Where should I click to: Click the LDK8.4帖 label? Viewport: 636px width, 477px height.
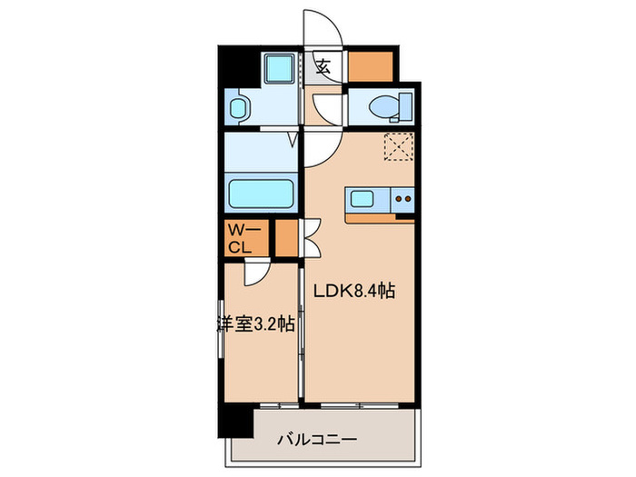(x=353, y=293)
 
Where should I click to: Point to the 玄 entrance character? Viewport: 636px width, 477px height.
(x=323, y=65)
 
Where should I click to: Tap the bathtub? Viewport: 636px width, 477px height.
(x=259, y=194)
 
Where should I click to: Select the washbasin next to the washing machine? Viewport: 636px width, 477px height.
(x=238, y=110)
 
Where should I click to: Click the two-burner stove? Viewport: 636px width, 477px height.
(x=402, y=199)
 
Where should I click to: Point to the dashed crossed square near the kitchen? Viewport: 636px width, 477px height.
(x=397, y=145)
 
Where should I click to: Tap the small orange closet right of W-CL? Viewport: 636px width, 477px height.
(x=285, y=238)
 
